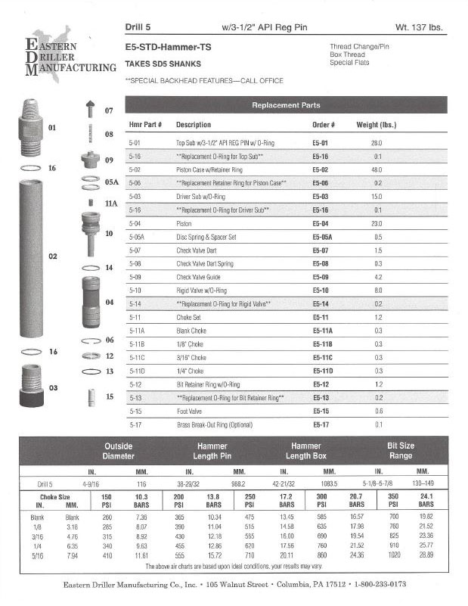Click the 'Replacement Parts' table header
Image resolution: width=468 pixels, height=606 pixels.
coord(286,105)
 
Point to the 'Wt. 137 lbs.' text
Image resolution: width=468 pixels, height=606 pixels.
coord(419,28)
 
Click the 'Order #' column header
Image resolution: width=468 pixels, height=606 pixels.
coord(323,124)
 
